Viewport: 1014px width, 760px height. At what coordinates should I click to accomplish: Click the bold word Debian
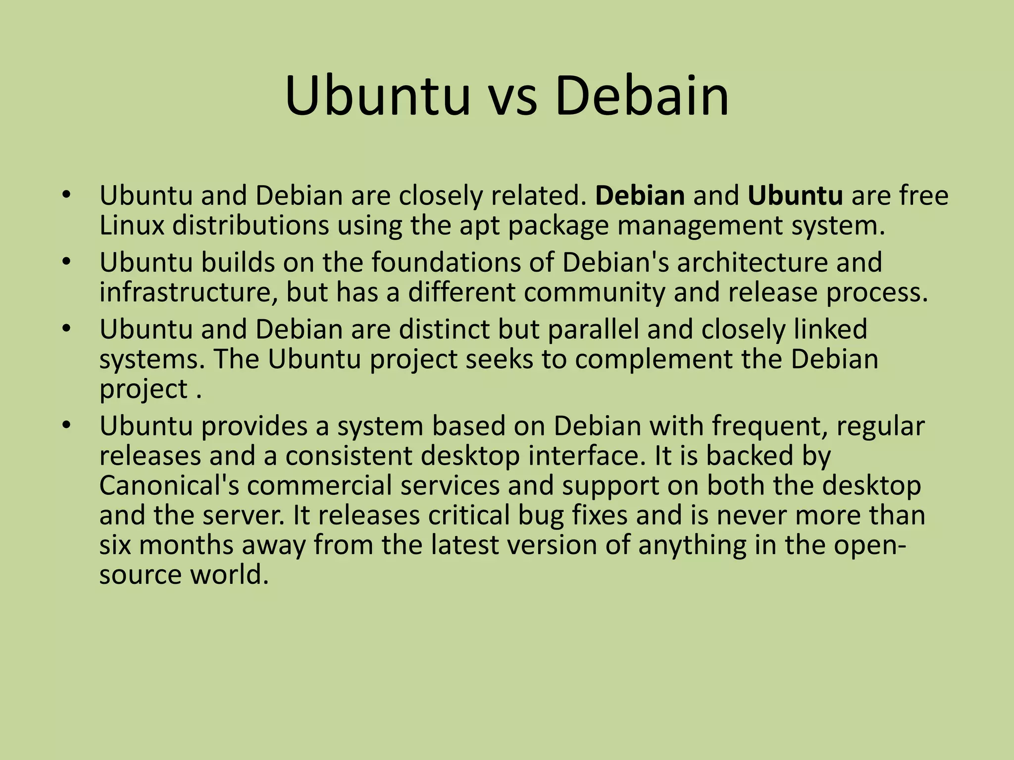coord(640,195)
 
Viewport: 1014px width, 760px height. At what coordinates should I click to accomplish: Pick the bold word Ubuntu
coord(795,195)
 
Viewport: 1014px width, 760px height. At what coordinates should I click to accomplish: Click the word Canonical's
coord(169,485)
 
